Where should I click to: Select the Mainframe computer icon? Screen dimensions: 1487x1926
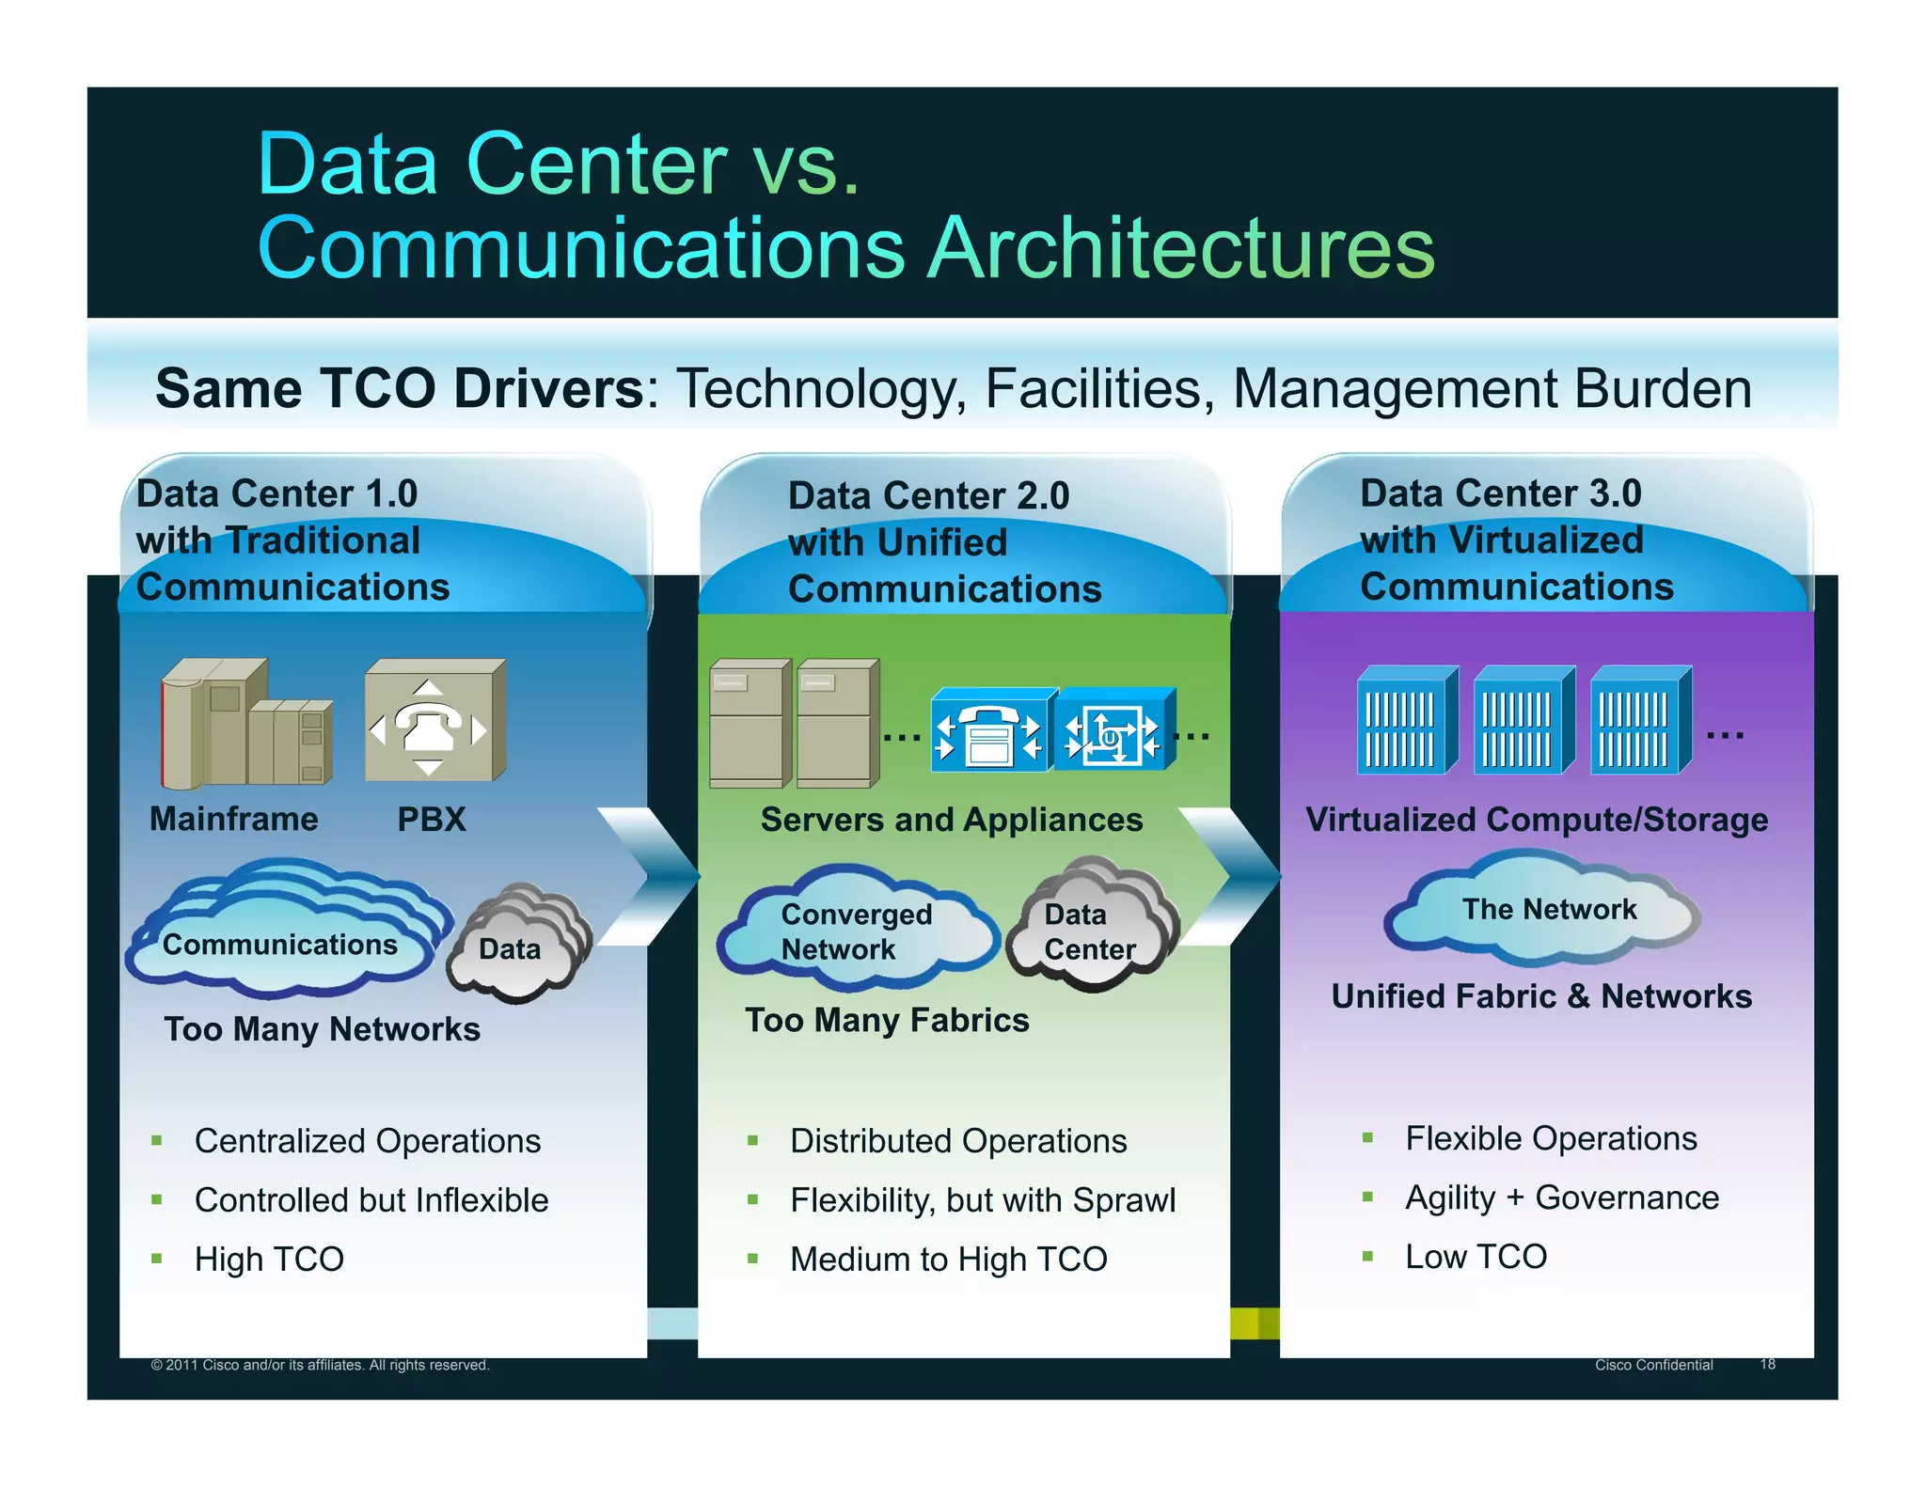pos(246,724)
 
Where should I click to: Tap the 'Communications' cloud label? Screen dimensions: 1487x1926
pos(279,944)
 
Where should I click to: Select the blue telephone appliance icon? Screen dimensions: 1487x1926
pos(989,731)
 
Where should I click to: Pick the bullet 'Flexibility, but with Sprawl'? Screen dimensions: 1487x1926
pos(982,1200)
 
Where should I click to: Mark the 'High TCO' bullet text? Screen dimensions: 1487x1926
pos(269,1260)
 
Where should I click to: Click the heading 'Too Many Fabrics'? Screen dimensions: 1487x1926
pos(887,1021)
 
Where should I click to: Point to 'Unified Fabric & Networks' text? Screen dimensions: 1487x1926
pos(1541,996)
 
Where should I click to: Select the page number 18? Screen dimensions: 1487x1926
pos(1767,1364)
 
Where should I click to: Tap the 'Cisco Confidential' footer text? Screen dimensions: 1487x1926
pos(1653,1365)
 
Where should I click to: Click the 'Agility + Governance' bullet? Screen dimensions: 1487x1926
pos(1561,1198)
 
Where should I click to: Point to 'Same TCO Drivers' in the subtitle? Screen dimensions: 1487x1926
pos(400,389)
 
